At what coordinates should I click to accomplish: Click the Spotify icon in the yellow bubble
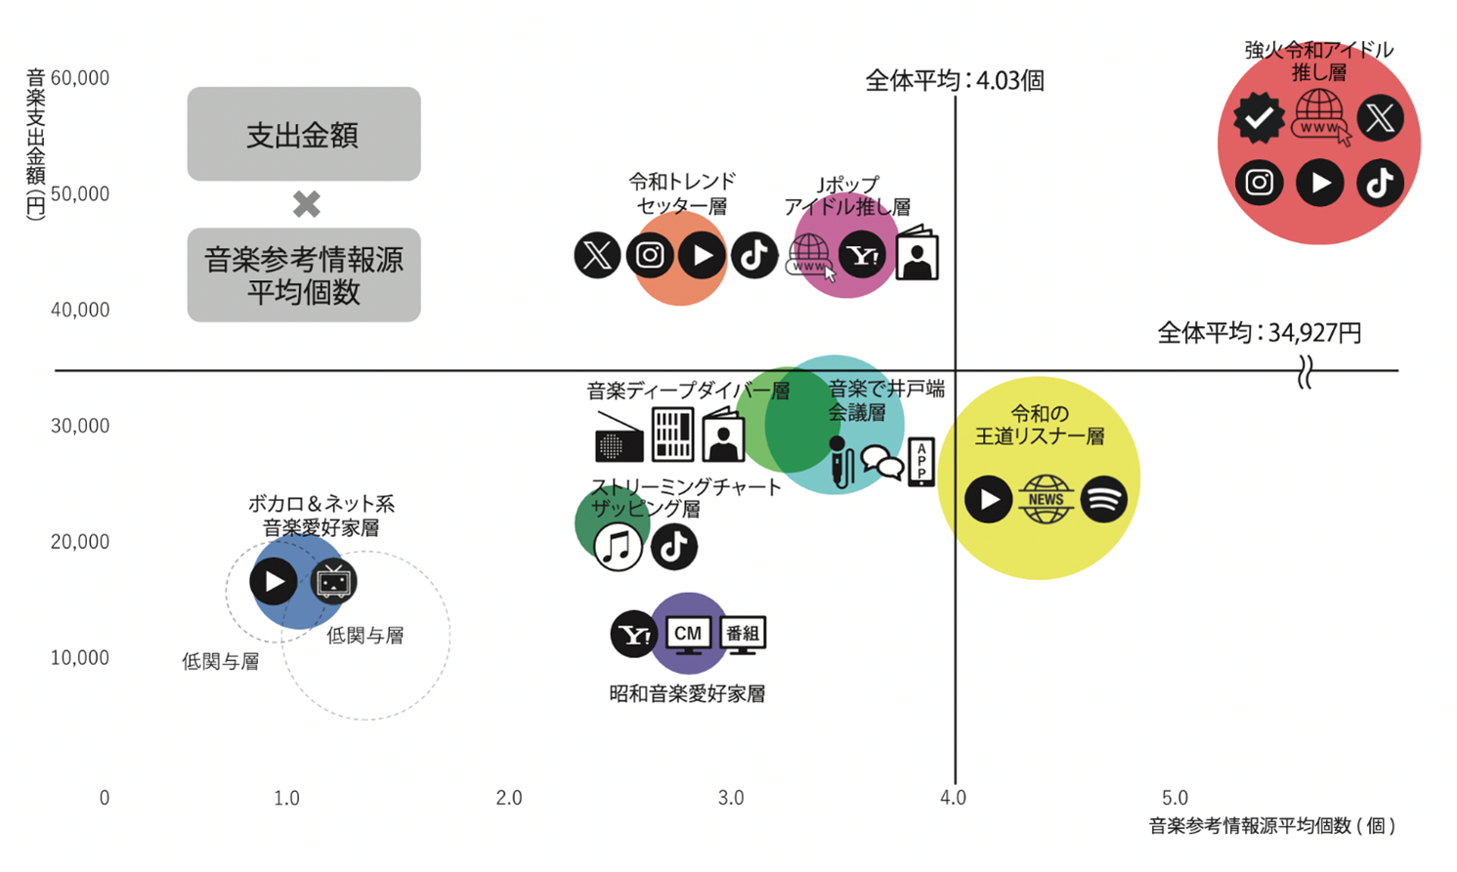pos(1103,499)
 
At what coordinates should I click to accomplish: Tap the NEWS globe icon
pos(1046,499)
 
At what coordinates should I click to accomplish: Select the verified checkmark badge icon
pos(1259,118)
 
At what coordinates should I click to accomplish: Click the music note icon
pos(618,547)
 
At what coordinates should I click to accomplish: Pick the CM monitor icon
pos(688,635)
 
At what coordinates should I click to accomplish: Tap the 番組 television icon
pos(743,635)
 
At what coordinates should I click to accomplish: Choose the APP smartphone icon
pos(921,462)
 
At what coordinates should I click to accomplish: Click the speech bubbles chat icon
pos(881,463)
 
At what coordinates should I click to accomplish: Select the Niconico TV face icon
pos(333,582)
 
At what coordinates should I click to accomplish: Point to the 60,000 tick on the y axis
pos(80,78)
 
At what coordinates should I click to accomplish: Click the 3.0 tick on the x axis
pos(731,798)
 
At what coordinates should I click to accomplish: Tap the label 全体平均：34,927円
pos(1259,333)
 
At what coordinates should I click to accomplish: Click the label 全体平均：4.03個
pos(955,80)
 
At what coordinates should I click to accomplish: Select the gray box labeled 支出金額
pos(304,134)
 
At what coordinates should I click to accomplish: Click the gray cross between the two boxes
pos(307,204)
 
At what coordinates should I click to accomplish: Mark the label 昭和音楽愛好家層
pos(687,694)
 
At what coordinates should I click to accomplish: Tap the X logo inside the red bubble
pos(1380,118)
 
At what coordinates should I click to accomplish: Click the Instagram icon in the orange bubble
pos(650,256)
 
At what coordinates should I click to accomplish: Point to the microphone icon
pos(838,462)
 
